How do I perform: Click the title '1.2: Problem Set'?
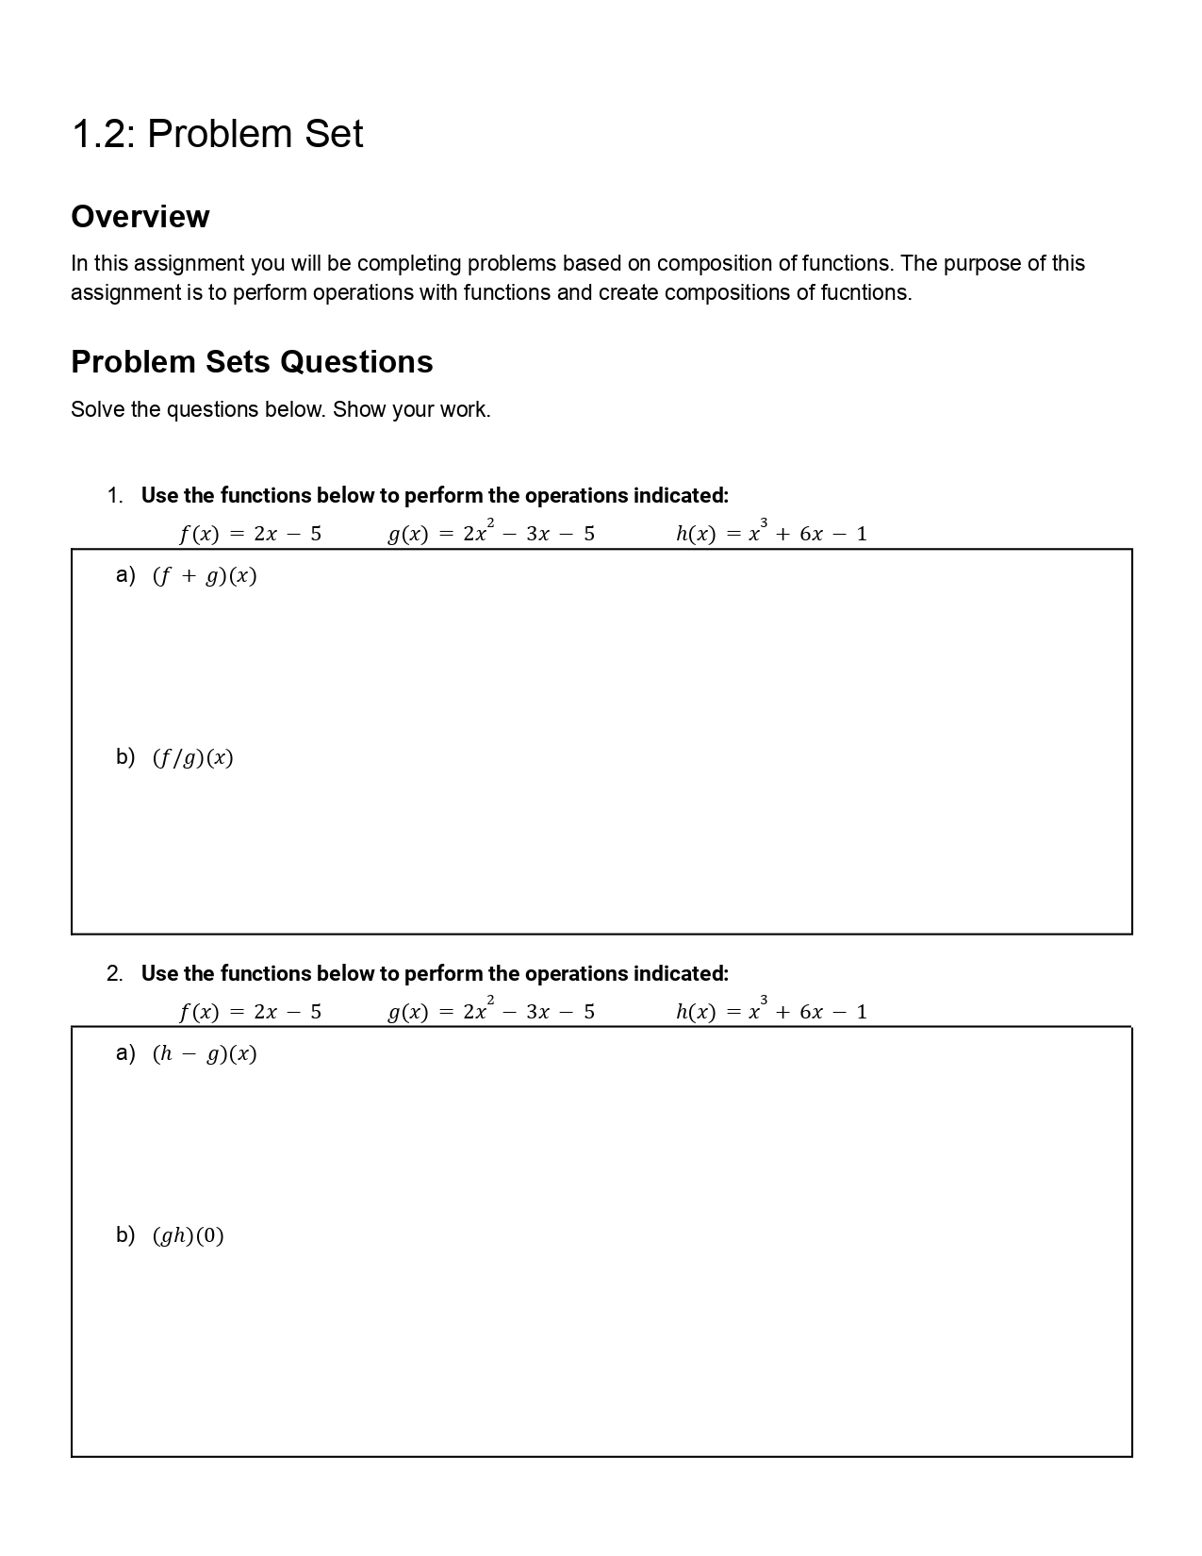(217, 134)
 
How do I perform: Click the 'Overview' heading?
(140, 217)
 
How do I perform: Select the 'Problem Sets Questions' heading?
(252, 362)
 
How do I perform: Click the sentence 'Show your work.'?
(411, 410)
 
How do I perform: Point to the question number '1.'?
(115, 496)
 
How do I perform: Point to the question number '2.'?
(115, 974)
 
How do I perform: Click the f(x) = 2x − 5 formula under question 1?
(250, 534)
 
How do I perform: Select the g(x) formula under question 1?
(491, 534)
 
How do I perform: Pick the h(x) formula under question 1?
(771, 534)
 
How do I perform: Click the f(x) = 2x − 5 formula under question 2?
(250, 1012)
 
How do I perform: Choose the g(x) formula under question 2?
(491, 1012)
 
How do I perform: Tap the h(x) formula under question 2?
(771, 1012)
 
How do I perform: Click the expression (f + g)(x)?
(205, 576)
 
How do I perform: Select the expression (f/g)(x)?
(192, 758)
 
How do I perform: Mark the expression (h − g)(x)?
(205, 1054)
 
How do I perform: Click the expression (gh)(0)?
(189, 1236)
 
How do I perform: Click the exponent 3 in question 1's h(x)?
(764, 522)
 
